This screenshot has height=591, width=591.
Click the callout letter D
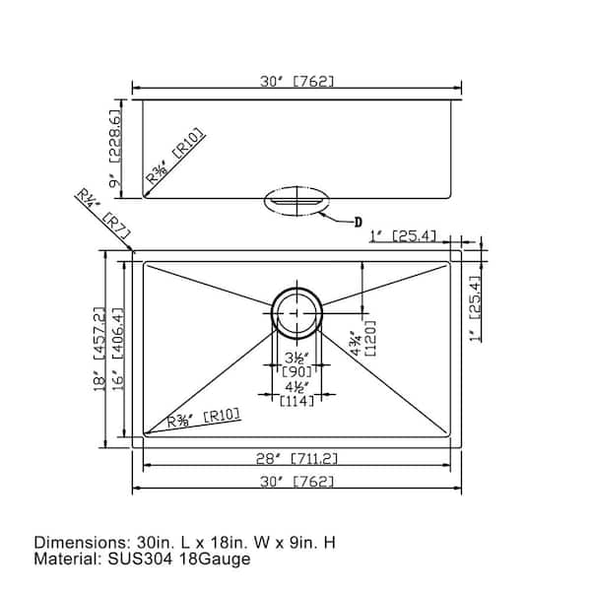click(x=359, y=222)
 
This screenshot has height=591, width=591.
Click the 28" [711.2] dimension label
click(x=296, y=459)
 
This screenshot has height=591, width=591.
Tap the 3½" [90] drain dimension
click(x=297, y=364)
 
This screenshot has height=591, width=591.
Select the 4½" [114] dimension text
click(x=297, y=394)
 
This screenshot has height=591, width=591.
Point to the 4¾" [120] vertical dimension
click(x=362, y=339)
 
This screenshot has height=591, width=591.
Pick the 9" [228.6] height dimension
click(x=114, y=149)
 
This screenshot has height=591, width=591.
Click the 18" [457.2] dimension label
click(x=99, y=349)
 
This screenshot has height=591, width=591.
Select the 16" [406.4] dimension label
click(x=117, y=349)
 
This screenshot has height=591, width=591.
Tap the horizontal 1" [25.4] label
click(x=403, y=236)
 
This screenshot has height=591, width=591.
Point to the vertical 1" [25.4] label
click(x=475, y=308)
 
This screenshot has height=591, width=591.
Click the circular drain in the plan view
click(x=297, y=313)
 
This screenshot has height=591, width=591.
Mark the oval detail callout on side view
click(x=297, y=201)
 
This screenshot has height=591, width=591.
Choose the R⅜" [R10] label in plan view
click(x=204, y=419)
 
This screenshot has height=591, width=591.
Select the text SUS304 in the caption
click(x=140, y=558)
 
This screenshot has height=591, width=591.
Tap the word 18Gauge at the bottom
click(x=215, y=559)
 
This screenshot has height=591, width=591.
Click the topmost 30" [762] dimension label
click(x=297, y=81)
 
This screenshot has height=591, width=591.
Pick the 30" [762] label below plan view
click(x=297, y=482)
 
